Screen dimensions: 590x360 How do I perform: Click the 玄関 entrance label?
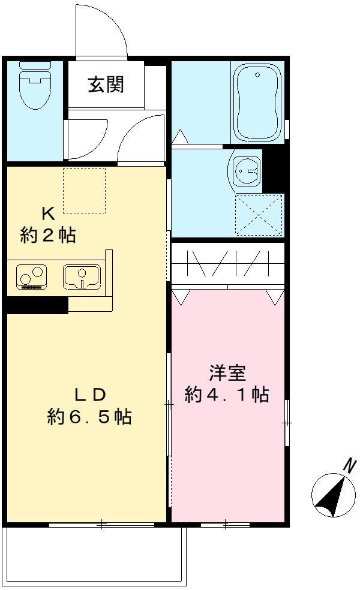click(106, 85)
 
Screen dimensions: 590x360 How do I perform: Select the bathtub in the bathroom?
click(257, 102)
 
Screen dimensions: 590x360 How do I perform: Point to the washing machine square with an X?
click(259, 215)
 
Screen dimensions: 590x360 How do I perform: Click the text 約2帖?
click(48, 235)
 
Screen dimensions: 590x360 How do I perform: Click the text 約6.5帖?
click(90, 416)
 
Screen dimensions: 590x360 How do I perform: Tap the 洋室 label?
click(227, 373)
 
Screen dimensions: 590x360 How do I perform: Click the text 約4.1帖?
click(226, 395)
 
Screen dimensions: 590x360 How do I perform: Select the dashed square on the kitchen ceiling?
click(84, 190)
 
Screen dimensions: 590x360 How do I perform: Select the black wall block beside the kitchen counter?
click(36, 306)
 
